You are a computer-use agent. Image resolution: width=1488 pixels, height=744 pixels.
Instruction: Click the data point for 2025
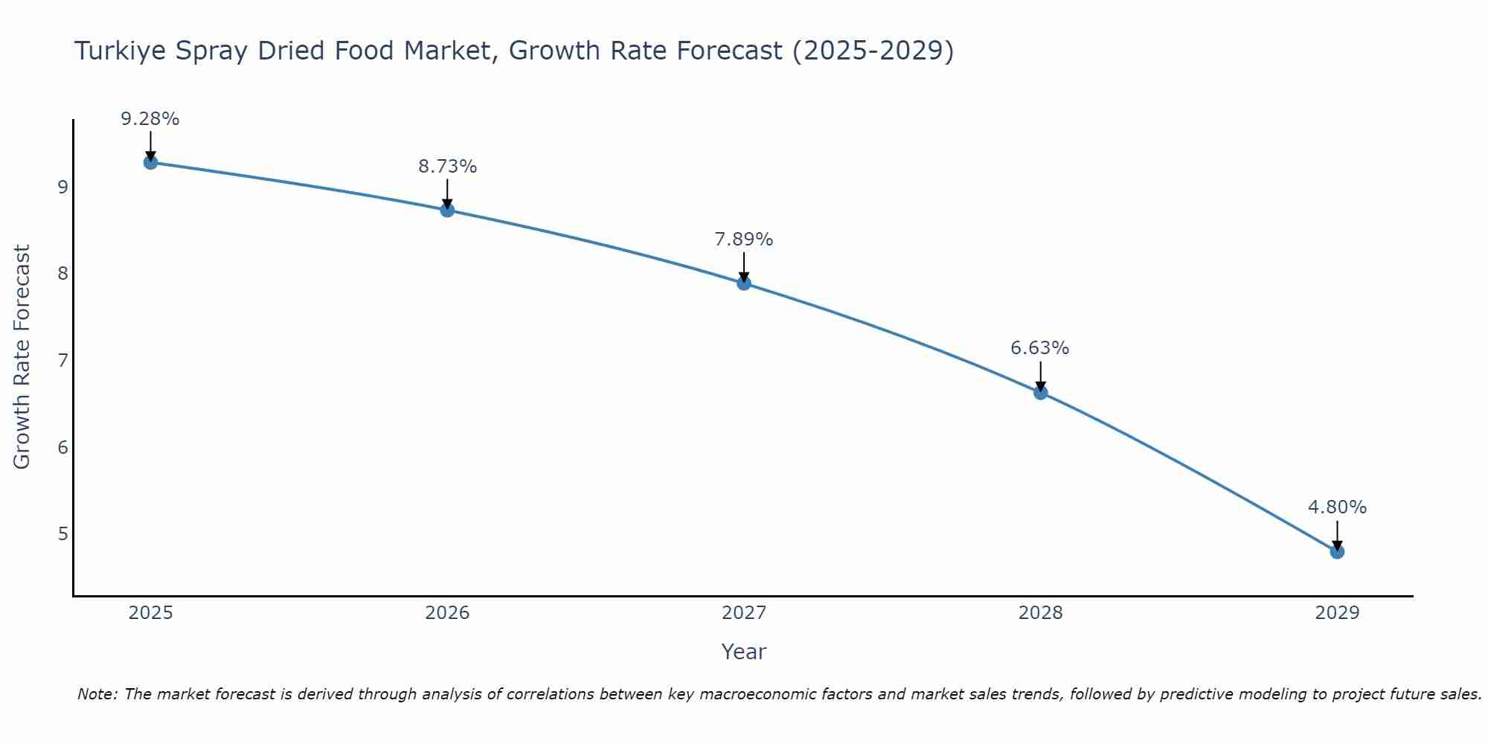coord(150,162)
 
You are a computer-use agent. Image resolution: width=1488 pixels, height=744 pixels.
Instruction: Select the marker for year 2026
coord(447,210)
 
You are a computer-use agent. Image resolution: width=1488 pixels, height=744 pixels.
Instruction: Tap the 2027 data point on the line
coord(744,283)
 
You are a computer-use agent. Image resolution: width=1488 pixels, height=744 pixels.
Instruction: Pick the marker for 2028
coord(1040,392)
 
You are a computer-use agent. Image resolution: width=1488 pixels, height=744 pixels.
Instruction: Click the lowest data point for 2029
coord(1337,551)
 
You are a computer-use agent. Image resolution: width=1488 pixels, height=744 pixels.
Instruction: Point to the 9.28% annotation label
coord(150,119)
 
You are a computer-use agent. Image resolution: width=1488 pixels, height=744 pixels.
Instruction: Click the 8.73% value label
coord(447,167)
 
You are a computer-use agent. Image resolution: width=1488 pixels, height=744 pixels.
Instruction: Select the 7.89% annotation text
coord(744,240)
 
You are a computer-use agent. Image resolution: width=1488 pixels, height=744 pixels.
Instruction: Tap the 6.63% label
coord(1040,348)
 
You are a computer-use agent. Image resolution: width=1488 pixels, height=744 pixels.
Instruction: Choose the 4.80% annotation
coord(1337,507)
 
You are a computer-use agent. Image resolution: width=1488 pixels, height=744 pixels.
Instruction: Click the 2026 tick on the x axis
coord(447,613)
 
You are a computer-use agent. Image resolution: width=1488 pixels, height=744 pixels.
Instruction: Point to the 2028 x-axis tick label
coord(1040,613)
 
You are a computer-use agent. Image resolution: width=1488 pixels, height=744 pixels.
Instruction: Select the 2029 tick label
coord(1337,613)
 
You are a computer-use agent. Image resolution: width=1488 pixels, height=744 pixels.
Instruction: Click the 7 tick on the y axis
coord(62,360)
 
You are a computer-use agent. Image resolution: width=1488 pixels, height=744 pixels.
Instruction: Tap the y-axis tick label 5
coord(62,534)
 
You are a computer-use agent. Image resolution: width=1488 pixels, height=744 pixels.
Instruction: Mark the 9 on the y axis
coord(62,187)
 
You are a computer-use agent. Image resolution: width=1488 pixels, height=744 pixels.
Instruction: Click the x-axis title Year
coord(744,652)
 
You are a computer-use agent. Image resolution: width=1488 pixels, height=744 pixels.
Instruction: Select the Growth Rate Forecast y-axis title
coord(22,357)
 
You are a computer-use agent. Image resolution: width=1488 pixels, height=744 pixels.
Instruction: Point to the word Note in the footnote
coord(97,694)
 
